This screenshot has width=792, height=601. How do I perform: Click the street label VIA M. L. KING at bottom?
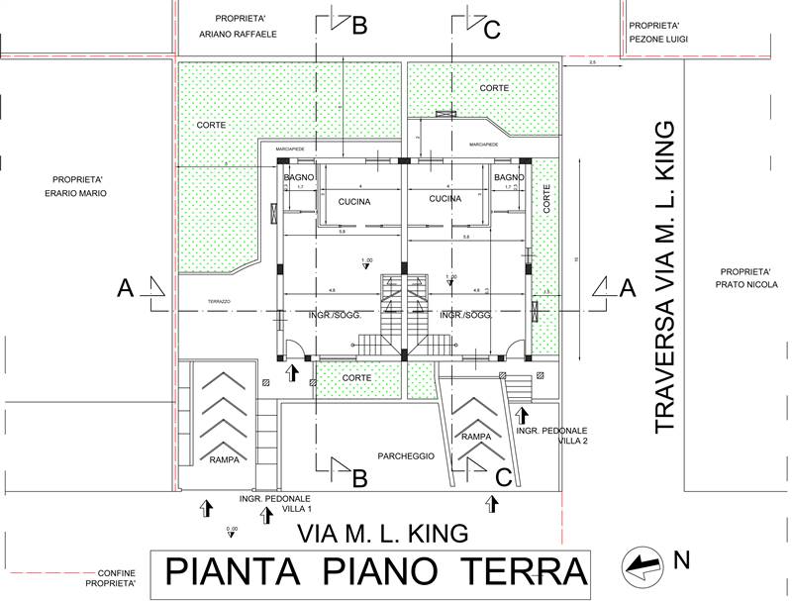point(382,535)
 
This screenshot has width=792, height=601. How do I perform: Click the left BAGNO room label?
point(299,178)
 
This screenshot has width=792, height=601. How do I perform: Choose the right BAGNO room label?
point(509,178)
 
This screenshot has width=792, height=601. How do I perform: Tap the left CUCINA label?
point(354,202)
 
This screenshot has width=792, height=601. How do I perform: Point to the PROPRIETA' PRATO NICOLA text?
point(744,278)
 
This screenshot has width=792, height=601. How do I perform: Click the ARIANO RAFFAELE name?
point(238,34)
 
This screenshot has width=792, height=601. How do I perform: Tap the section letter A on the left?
point(126,288)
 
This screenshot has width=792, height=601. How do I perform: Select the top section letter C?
point(491,30)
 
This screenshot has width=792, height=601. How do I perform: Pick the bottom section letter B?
point(359,478)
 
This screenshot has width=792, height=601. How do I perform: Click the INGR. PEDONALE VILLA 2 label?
point(552,437)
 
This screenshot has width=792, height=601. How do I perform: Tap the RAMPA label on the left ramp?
point(217,459)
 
